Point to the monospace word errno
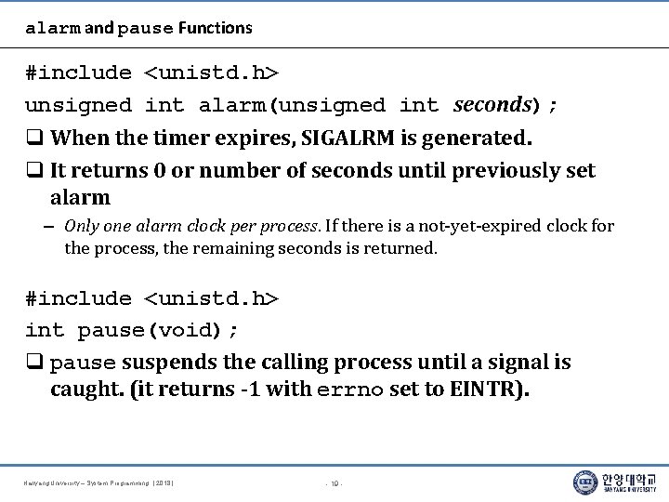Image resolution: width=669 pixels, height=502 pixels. tap(350, 390)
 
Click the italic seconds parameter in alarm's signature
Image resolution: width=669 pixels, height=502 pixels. tap(492, 105)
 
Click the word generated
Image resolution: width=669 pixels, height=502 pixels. tap(477, 139)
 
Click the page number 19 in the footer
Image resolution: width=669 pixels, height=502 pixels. tap(334, 483)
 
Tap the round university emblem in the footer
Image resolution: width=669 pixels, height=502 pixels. tap(585, 482)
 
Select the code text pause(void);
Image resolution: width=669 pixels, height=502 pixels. tap(159, 331)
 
